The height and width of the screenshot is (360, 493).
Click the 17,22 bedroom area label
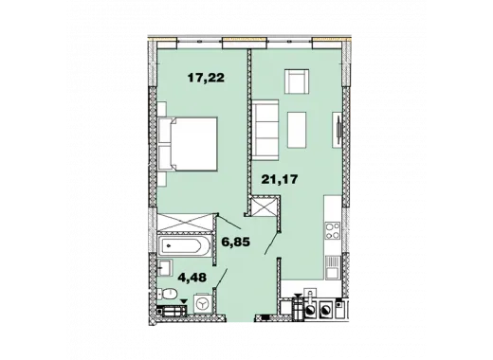point(206,78)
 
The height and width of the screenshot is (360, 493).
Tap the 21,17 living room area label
point(280,179)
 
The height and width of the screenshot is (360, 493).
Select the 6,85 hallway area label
point(235,243)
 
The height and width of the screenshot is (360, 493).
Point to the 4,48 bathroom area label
point(192,278)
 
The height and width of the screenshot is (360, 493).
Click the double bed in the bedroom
point(188,144)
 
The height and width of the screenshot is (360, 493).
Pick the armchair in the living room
point(297,81)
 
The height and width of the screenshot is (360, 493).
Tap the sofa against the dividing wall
point(265,127)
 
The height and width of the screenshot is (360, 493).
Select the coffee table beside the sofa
point(297,130)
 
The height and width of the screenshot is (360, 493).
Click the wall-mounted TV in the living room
point(338,130)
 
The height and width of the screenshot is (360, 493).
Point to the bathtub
point(184,245)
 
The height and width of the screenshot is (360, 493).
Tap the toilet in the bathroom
point(167,294)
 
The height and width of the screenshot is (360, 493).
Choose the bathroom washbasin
point(165,268)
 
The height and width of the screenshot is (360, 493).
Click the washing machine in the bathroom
point(202,304)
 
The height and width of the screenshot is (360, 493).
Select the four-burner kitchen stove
point(333,230)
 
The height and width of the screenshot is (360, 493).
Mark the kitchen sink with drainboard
point(333,267)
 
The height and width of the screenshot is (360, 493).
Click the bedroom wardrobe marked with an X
point(184,223)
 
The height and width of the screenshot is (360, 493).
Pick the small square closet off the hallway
point(264,207)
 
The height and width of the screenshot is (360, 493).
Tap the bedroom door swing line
point(229,221)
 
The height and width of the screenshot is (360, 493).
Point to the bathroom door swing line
point(222,279)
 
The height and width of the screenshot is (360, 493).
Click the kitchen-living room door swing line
point(272,243)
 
